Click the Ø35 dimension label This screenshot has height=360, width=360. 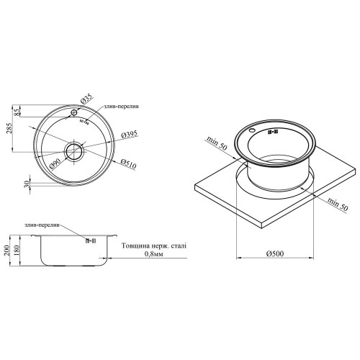click(86, 99)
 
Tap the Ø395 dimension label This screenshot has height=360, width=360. click(130, 135)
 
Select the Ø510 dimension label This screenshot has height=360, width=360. click(128, 163)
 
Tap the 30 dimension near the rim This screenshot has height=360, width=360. click(27, 184)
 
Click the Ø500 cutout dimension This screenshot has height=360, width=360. click(275, 253)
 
